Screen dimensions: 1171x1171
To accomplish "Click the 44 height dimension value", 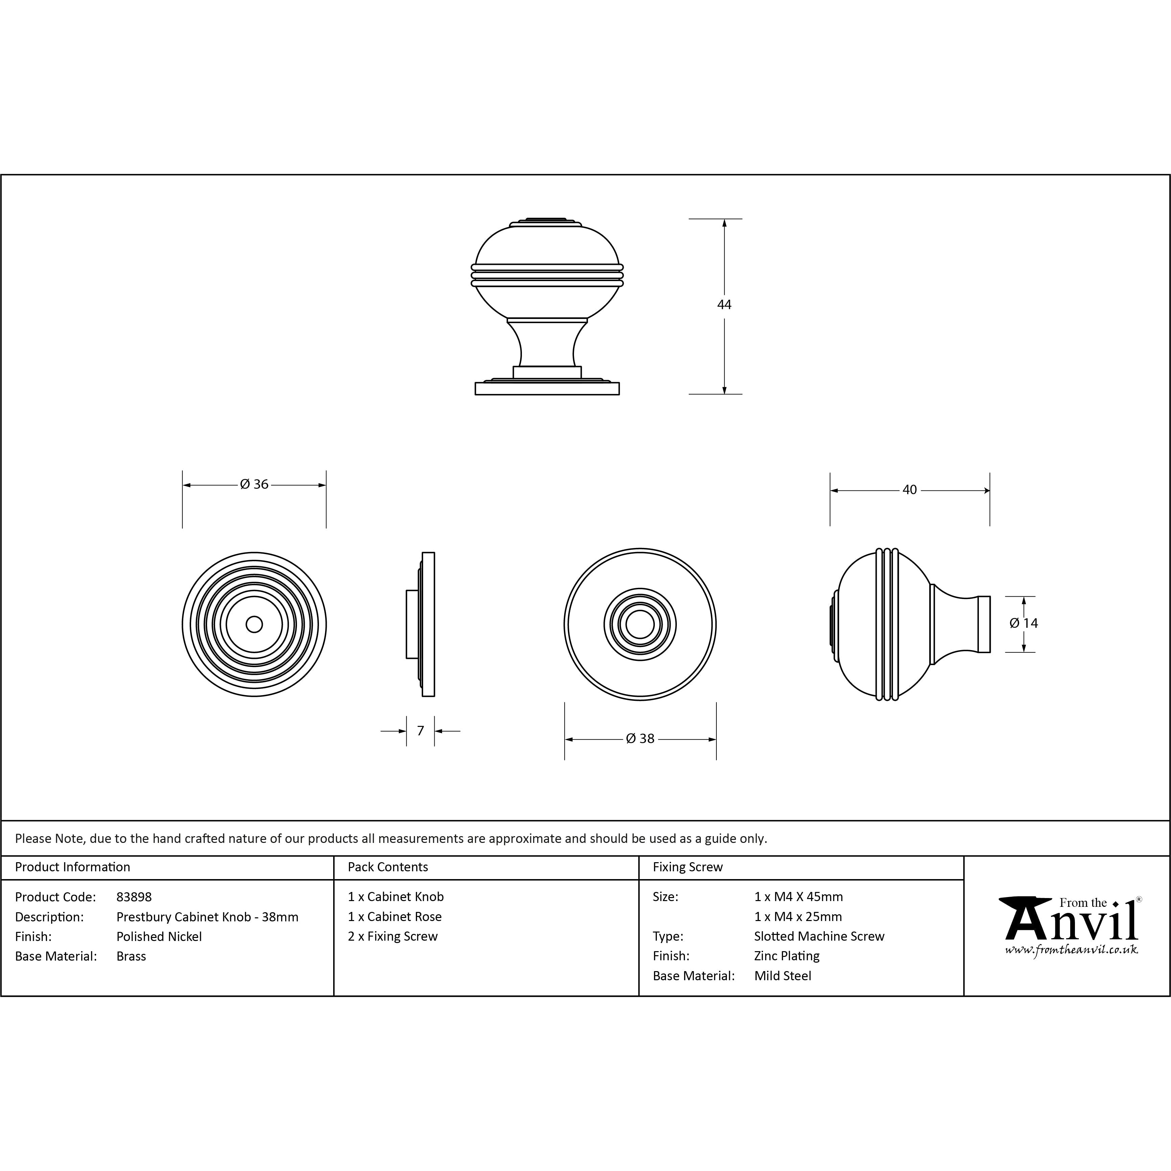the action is click(724, 305).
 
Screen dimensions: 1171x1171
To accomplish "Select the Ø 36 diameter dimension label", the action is click(254, 484).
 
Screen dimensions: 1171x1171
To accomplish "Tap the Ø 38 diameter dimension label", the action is click(640, 738).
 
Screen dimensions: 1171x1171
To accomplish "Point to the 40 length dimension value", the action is click(909, 490).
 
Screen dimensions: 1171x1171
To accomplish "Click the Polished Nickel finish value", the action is click(159, 937).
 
